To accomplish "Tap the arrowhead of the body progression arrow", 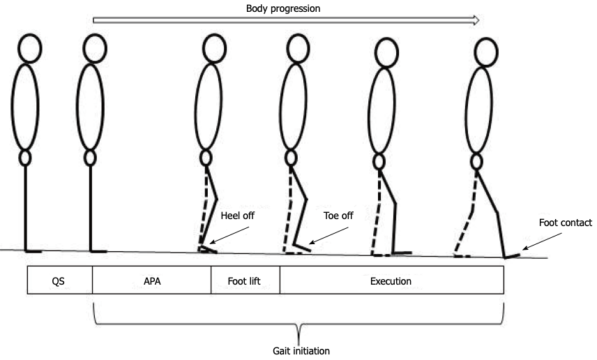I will (x=476, y=20).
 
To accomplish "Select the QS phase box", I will (x=59, y=282).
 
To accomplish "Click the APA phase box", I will (x=151, y=282).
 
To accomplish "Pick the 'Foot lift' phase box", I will (x=245, y=282).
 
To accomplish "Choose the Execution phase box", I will (x=391, y=282).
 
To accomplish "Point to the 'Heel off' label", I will (x=237, y=216).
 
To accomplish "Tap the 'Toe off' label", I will (x=338, y=216).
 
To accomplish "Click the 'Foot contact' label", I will (x=566, y=223).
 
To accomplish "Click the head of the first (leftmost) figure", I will (x=29, y=47).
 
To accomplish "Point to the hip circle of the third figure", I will (x=206, y=158).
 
